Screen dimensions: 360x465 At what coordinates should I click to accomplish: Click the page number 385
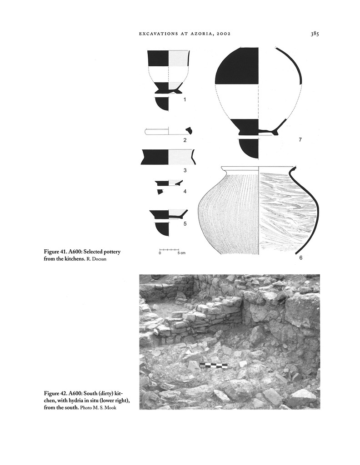315,34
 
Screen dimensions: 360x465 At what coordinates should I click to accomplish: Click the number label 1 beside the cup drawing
185,99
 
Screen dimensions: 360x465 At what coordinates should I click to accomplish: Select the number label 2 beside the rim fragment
185,140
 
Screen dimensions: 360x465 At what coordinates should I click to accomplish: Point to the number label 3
185,170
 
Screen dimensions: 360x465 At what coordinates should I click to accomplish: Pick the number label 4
185,192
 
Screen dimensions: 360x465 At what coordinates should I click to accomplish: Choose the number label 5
185,223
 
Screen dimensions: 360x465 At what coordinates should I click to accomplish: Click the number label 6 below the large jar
300,258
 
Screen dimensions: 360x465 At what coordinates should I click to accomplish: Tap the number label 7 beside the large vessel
300,139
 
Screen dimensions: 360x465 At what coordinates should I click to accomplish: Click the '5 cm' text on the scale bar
181,253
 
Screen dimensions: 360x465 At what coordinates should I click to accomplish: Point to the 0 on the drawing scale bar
160,253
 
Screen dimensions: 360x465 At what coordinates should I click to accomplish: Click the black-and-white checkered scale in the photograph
214,366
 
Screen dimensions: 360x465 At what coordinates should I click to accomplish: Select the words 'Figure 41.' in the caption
55,252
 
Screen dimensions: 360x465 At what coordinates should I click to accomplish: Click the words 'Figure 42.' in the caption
55,394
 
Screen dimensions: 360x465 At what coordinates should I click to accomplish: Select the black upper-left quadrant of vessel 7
237,66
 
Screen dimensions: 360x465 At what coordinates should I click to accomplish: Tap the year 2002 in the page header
224,34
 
